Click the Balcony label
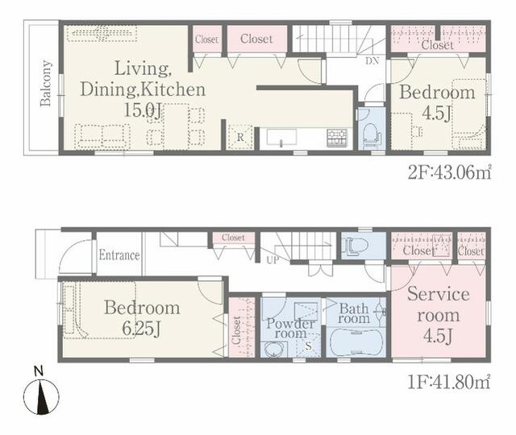point(46,83)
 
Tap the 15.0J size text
point(143,110)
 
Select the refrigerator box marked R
point(240,137)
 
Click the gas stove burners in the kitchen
point(337,138)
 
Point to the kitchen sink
point(281,138)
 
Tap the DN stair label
point(372,61)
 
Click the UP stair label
point(273,260)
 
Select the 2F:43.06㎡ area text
point(449,172)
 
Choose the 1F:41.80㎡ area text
point(449,383)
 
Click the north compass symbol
point(41,392)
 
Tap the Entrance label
point(119,255)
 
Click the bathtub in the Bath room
point(356,342)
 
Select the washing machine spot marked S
point(308,346)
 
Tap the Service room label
point(439,304)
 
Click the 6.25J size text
point(142,329)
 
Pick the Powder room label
point(290,328)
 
